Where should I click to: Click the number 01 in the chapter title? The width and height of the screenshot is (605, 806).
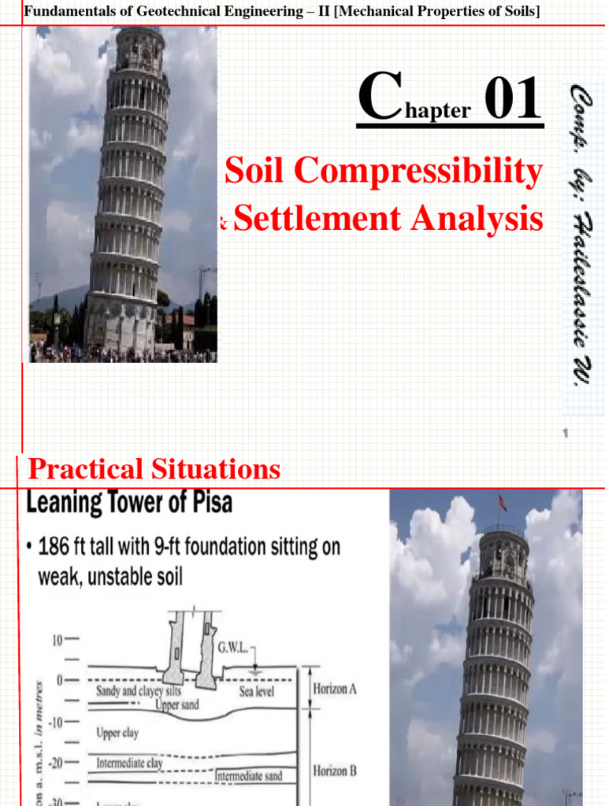tap(513, 101)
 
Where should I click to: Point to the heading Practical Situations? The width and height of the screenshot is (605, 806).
tap(154, 469)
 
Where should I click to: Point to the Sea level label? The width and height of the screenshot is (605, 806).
tap(258, 692)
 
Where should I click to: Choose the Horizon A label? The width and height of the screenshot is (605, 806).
tap(335, 689)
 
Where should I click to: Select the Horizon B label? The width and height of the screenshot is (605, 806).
tap(335, 771)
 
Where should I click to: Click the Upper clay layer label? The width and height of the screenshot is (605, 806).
tap(117, 733)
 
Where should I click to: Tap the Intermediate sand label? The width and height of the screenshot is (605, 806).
tap(249, 776)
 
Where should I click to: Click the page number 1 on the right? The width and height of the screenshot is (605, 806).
tap(566, 431)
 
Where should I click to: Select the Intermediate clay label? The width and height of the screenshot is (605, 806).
tap(129, 763)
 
